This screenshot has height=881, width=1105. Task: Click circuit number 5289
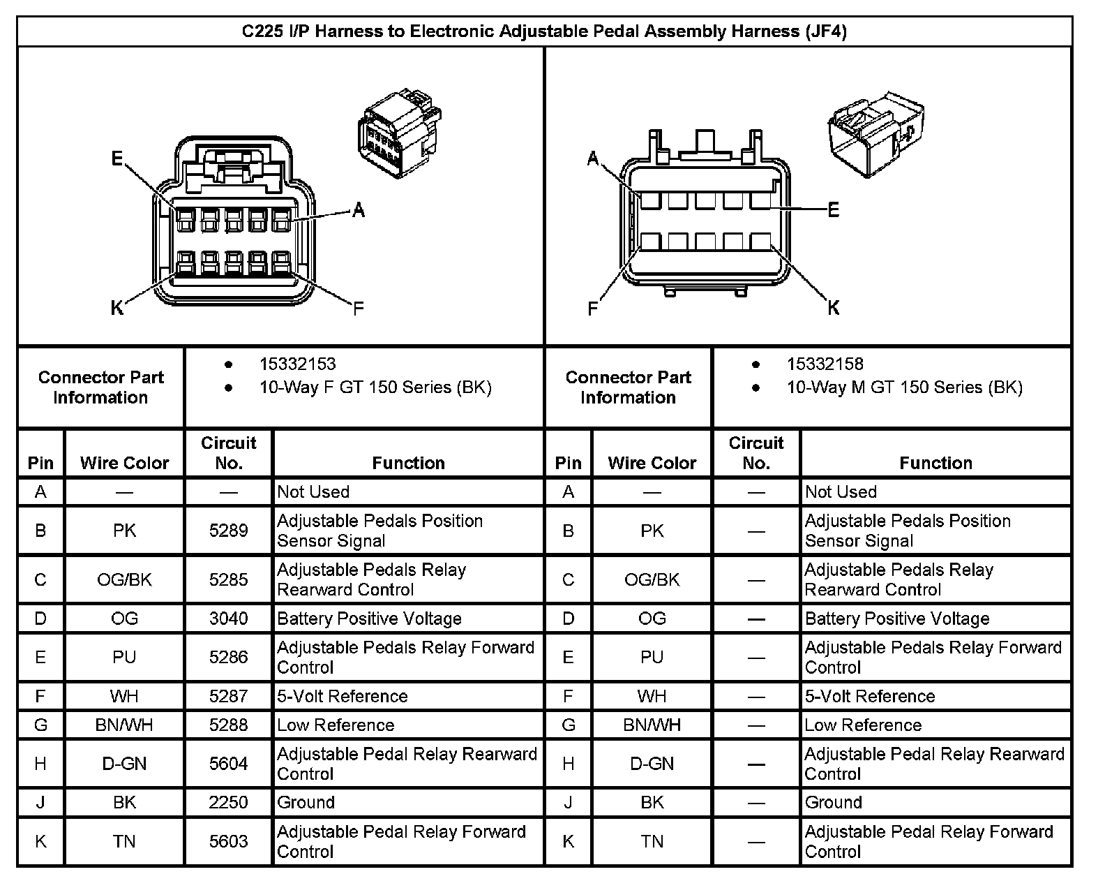tap(228, 531)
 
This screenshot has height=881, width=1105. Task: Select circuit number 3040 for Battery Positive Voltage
tap(228, 619)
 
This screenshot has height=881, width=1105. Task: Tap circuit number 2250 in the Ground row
tap(228, 803)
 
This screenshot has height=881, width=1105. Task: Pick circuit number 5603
tap(228, 841)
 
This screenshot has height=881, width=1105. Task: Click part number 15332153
tap(297, 364)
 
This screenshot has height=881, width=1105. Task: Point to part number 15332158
tap(825, 364)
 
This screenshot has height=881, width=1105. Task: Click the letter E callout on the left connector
tap(117, 159)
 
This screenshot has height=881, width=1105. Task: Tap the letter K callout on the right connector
tap(833, 308)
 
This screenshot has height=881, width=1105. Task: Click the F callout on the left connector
tap(359, 308)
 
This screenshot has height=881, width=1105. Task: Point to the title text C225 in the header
tap(262, 31)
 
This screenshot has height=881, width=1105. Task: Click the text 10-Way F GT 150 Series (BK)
tap(375, 387)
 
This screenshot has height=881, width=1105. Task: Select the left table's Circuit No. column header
tap(228, 452)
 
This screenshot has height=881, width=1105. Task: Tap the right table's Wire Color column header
tap(652, 463)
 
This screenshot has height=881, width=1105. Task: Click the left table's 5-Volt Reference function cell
tap(343, 696)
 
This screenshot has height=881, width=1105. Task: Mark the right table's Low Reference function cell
tap(863, 725)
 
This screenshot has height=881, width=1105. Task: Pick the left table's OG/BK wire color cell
tap(124, 579)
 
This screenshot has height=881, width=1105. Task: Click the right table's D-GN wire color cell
tap(652, 764)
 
